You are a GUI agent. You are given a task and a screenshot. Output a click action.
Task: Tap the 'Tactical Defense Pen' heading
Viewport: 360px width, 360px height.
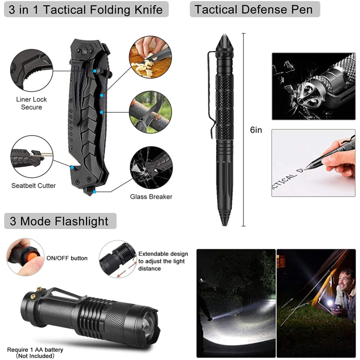[x=254, y=9]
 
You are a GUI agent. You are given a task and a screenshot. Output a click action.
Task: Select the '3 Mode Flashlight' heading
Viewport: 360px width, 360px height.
[x=60, y=221]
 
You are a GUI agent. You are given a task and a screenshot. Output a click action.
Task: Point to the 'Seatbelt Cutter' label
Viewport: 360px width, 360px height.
[x=33, y=186]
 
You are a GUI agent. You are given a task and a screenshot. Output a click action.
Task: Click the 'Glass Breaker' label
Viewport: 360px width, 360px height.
[x=151, y=196]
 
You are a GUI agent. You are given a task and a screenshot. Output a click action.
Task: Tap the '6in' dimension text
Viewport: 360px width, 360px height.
[x=256, y=130]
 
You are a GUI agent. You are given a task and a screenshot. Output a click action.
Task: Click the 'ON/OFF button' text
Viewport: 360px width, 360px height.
[x=67, y=258]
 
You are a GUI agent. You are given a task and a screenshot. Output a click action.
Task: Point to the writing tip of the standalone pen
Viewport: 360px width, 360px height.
[x=225, y=222]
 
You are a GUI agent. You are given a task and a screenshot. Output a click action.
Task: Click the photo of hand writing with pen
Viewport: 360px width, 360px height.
[x=313, y=163]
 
